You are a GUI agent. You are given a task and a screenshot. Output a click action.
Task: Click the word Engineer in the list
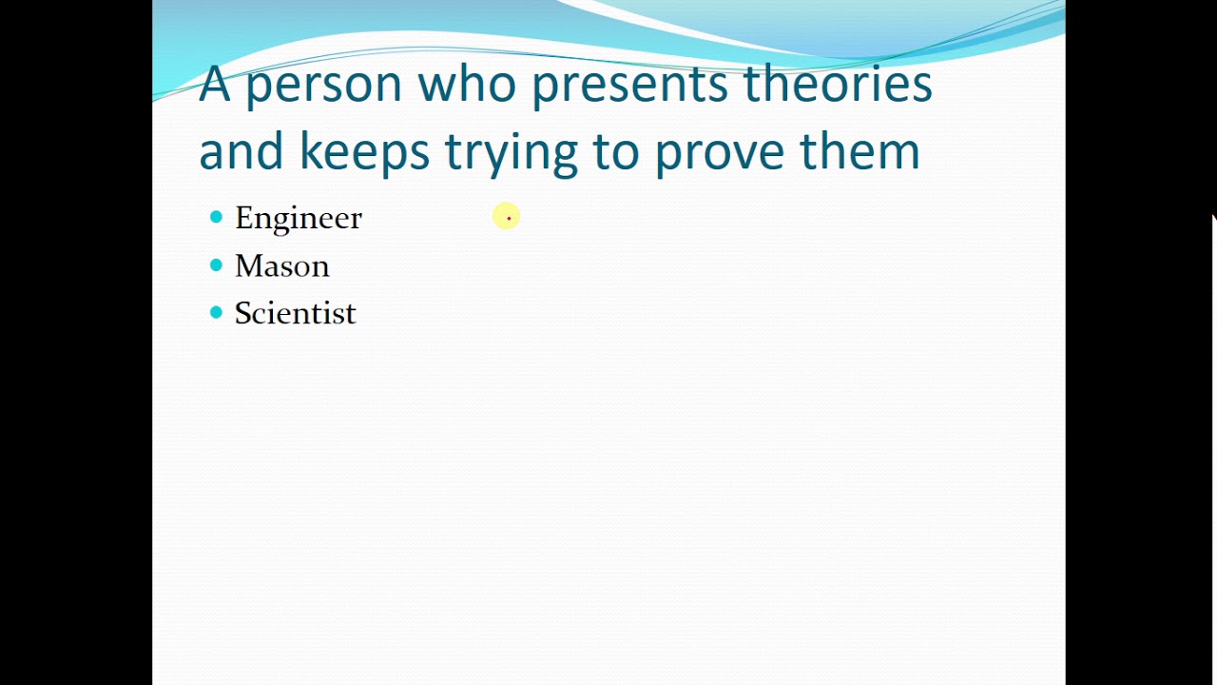[x=298, y=218]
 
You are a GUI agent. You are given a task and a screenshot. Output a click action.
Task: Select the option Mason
[x=281, y=265]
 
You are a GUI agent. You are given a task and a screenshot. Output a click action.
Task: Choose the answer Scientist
[x=295, y=313]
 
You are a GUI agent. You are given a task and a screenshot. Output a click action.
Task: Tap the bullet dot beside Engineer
[x=216, y=218]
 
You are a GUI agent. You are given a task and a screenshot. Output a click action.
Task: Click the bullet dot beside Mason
[x=216, y=265]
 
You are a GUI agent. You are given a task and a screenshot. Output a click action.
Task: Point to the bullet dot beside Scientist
[x=216, y=313]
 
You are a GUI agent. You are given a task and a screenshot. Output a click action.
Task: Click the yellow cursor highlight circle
[x=507, y=218]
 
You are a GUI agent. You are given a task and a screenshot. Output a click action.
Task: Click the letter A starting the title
[x=214, y=84]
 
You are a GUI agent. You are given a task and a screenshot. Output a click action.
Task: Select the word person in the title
[x=323, y=86]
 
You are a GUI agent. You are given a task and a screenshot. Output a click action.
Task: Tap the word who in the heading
[x=467, y=84]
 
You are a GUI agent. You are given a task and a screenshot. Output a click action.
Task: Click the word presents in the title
[x=629, y=86]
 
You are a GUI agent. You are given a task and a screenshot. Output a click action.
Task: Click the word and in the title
[x=241, y=152]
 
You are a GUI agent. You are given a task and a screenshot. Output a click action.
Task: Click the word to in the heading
[x=615, y=152]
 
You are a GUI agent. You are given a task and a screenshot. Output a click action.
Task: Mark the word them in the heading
[x=860, y=152]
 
